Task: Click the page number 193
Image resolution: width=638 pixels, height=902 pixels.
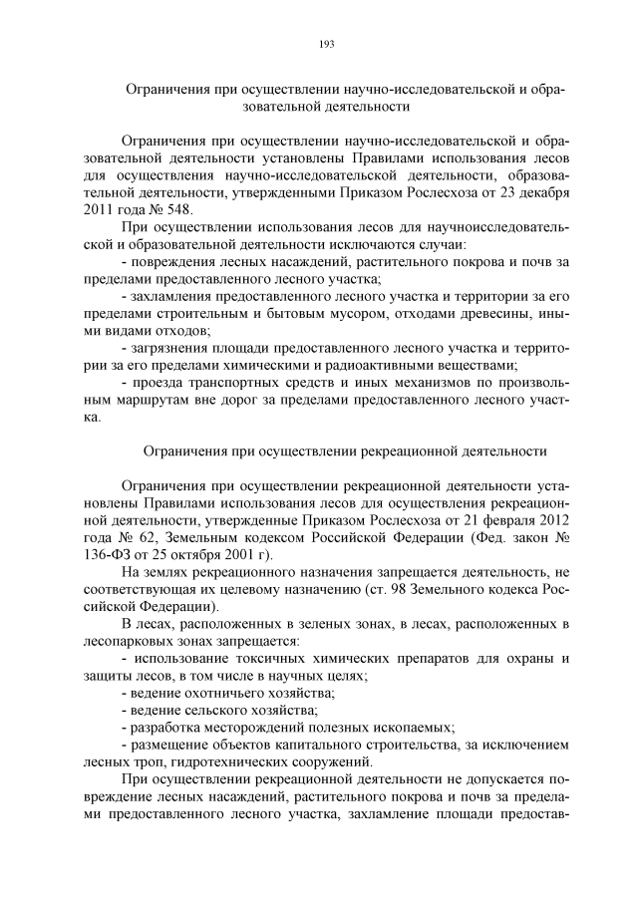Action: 325,44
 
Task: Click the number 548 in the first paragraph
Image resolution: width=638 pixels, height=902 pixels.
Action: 182,211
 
